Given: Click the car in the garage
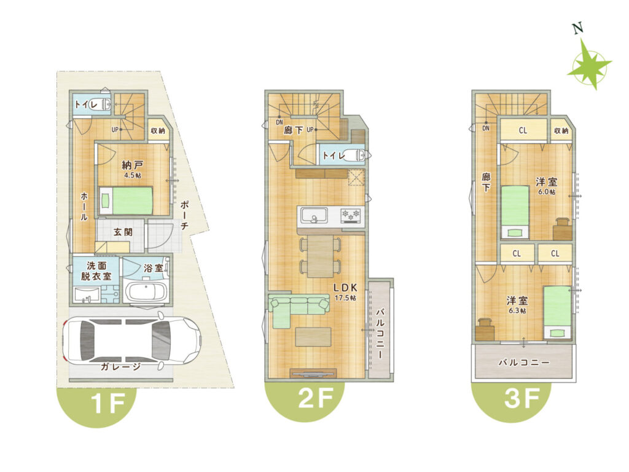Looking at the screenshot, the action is point(131,341).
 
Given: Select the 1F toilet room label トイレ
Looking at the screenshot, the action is point(86,104).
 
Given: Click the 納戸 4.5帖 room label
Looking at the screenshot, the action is point(133,169).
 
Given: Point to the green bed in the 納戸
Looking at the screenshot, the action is point(127,200).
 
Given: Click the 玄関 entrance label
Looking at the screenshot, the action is point(123,232).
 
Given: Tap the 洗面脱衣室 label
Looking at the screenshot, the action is point(96,271).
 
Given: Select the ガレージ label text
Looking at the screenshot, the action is point(120,366).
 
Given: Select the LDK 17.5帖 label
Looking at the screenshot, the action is point(345,292).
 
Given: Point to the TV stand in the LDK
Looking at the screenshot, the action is point(313,373).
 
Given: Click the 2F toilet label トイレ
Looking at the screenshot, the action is point(334,155).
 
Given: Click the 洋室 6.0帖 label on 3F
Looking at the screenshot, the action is point(546,186).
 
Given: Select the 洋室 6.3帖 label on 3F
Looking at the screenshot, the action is point(517,305).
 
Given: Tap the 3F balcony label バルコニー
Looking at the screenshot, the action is point(524,363).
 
